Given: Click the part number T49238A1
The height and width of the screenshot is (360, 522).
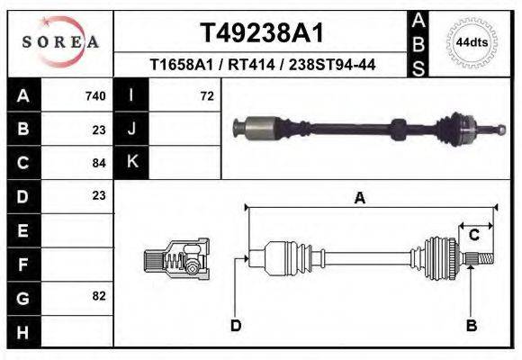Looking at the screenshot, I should (261, 33).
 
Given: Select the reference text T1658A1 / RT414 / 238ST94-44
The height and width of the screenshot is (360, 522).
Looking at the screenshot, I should (261, 65).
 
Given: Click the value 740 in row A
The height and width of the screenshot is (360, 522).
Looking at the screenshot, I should (95, 95).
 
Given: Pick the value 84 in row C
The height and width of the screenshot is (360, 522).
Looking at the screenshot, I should (99, 163).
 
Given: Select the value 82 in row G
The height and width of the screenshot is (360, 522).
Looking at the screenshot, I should (99, 296).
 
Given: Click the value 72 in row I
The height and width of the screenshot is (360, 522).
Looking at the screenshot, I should (206, 95).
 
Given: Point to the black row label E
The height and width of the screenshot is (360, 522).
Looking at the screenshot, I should (22, 230).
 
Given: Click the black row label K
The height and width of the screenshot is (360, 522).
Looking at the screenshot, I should (131, 162).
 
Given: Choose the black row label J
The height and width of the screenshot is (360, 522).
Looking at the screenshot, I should (131, 129).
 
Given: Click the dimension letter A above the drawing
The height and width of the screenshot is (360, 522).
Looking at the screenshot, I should (359, 199).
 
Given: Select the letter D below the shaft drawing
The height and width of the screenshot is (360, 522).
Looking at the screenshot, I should (236, 326).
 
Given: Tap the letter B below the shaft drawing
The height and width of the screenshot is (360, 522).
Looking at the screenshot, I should (470, 326).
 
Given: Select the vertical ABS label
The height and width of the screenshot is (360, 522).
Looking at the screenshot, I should (418, 42).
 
